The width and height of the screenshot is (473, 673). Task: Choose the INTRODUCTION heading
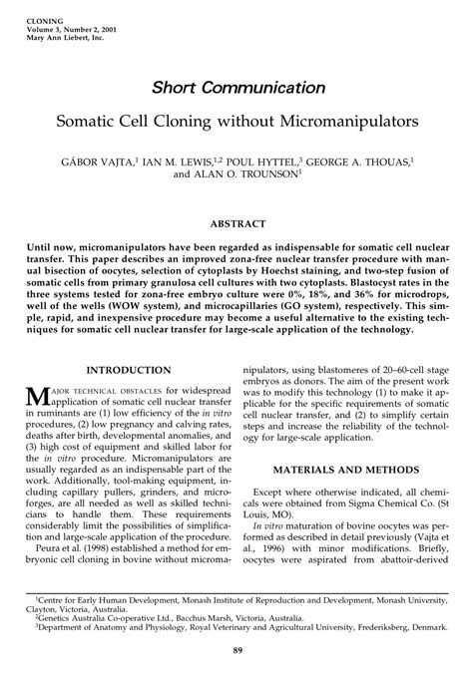(x=124, y=369)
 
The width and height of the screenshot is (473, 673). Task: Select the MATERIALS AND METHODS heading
(x=348, y=471)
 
